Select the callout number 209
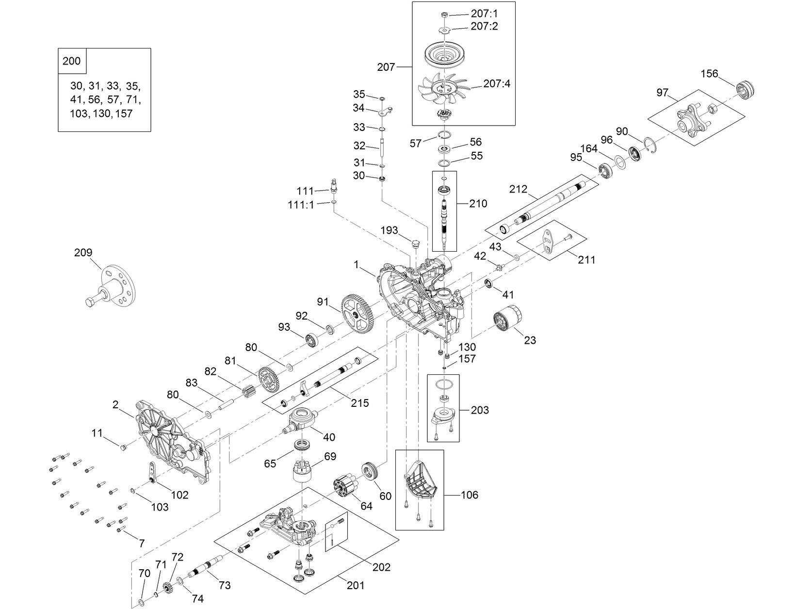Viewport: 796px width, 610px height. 83,253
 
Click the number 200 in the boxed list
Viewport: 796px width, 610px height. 72,62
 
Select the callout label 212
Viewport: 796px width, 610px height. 518,189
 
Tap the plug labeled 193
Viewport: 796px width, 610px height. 415,242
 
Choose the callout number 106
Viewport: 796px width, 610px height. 469,495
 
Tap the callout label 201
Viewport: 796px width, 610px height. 355,585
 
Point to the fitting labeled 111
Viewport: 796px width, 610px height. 333,185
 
